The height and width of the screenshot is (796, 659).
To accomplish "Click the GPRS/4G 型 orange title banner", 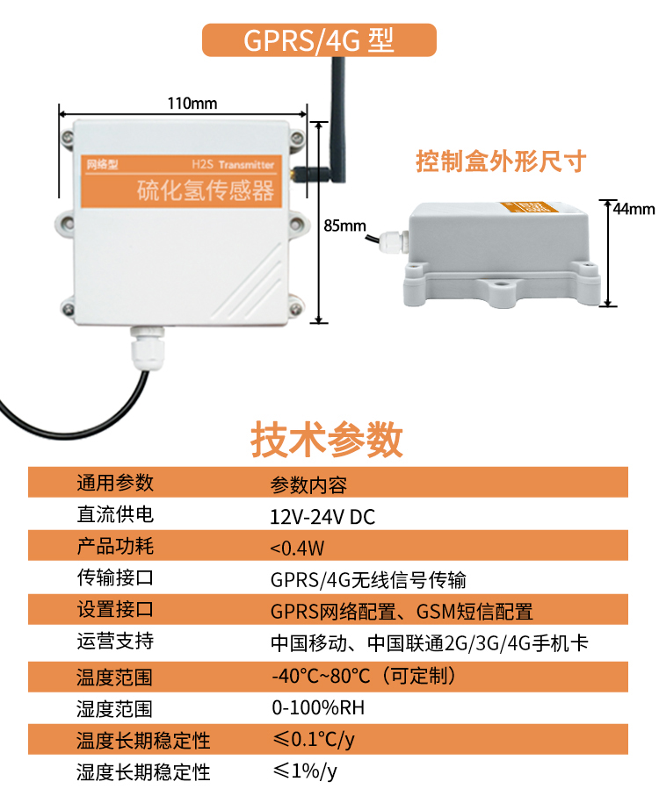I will point(319,40).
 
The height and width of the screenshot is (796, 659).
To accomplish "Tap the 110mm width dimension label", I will point(192,104).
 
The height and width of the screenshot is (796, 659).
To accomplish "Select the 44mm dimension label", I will point(634,209).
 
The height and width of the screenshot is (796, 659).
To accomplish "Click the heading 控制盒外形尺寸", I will point(500,161).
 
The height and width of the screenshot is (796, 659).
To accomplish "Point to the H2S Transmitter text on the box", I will point(232,164).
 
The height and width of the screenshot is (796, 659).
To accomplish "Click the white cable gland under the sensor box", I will point(146,348).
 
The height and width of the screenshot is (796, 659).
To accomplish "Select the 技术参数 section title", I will point(328,439).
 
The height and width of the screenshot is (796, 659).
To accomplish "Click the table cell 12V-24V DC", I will point(322,517).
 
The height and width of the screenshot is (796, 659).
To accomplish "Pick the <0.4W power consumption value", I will point(297,549).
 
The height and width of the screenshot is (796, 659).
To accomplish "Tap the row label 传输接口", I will point(114,578).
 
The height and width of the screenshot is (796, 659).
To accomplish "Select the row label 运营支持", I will point(114,642).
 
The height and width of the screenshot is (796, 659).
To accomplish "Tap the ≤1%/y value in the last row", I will point(304,771).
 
